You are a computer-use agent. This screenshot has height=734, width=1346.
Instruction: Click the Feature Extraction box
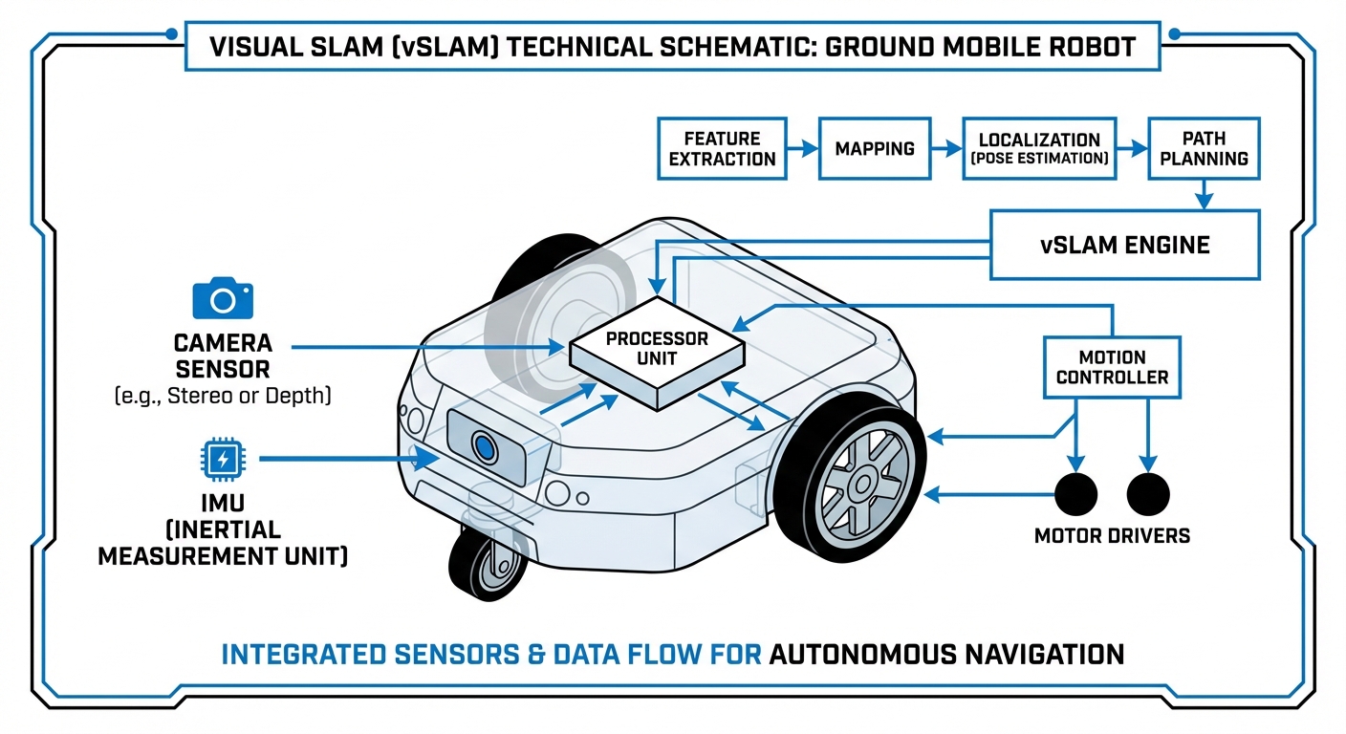[x=722, y=148]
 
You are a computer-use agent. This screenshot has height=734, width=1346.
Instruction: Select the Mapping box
[x=874, y=148]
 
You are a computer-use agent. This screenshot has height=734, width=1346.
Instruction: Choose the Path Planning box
[x=1204, y=148]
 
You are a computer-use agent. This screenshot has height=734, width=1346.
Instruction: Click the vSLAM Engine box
[x=1124, y=245]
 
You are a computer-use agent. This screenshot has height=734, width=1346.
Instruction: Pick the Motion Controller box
[x=1111, y=367]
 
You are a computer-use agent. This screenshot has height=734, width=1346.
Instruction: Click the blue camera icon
[x=223, y=298]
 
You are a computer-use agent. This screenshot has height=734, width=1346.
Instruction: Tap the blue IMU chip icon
[x=223, y=460]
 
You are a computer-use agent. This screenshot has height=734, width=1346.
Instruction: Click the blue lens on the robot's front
[x=485, y=446]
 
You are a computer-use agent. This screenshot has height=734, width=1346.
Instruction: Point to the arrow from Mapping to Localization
[x=946, y=148]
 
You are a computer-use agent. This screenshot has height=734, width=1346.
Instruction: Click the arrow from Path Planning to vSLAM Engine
[x=1204, y=195]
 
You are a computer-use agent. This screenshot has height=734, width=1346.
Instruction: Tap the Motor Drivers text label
[x=1112, y=535]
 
